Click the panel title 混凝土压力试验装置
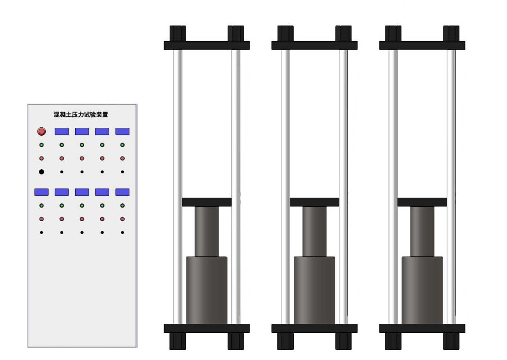(x=81, y=114)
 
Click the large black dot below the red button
(x=42, y=172)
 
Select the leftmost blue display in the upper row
(x=62, y=131)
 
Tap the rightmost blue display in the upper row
(x=123, y=131)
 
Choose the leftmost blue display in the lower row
(x=42, y=192)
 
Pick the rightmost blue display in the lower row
(x=123, y=192)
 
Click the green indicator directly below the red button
(x=42, y=145)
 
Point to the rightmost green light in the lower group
(x=123, y=205)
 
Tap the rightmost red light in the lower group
(x=123, y=219)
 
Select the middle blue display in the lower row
(x=82, y=192)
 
